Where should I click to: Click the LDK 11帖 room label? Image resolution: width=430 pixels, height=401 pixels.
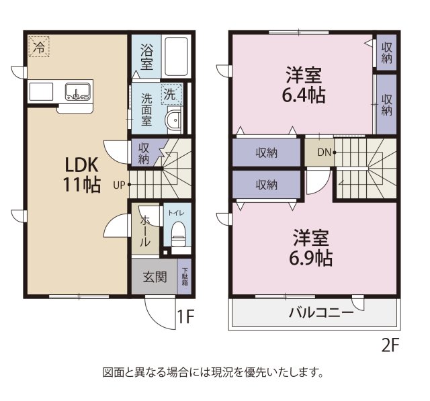coord(82,174)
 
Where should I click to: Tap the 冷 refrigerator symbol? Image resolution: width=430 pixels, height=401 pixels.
coord(39,47)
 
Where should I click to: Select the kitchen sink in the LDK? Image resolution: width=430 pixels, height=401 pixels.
coord(78,92)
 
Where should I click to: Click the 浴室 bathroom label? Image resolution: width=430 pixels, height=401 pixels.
coord(146,56)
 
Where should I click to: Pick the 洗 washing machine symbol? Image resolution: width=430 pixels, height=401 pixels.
coord(171,94)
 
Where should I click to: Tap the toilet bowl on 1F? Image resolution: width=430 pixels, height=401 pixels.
coord(178,234)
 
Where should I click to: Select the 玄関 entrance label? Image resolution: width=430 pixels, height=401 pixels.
coord(154,277)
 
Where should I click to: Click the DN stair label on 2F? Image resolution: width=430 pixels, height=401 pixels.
coord(324,152)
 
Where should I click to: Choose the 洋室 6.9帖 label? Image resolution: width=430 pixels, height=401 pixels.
coord(311,247)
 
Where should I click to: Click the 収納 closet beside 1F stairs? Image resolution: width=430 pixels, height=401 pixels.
coord(144,153)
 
